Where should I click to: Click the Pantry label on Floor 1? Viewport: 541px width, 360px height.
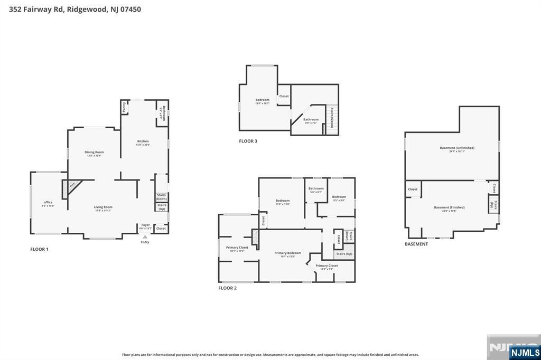click(x=124, y=107)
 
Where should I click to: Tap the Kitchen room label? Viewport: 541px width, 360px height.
click(x=143, y=141)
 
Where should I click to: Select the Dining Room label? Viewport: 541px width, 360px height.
click(x=94, y=152)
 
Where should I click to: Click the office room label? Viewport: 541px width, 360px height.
click(x=48, y=203)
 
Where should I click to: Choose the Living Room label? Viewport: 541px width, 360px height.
click(x=103, y=207)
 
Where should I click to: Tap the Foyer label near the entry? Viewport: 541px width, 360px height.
click(x=145, y=225)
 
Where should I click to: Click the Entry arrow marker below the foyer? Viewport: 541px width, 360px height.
click(x=145, y=237)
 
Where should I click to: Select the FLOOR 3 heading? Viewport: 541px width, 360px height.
click(x=248, y=141)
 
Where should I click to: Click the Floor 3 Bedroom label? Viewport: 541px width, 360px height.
click(x=262, y=100)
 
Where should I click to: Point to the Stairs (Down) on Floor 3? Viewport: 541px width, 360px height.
click(x=332, y=118)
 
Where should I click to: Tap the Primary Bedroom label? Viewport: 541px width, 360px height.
click(x=287, y=253)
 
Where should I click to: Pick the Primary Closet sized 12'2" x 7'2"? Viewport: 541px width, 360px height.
click(x=327, y=266)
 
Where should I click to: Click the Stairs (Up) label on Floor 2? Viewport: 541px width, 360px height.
click(x=344, y=254)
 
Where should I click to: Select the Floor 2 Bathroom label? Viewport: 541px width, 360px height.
click(x=316, y=188)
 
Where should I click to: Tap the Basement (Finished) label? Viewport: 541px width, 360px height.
click(x=449, y=207)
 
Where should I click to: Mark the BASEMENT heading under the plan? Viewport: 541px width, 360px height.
click(x=416, y=244)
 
